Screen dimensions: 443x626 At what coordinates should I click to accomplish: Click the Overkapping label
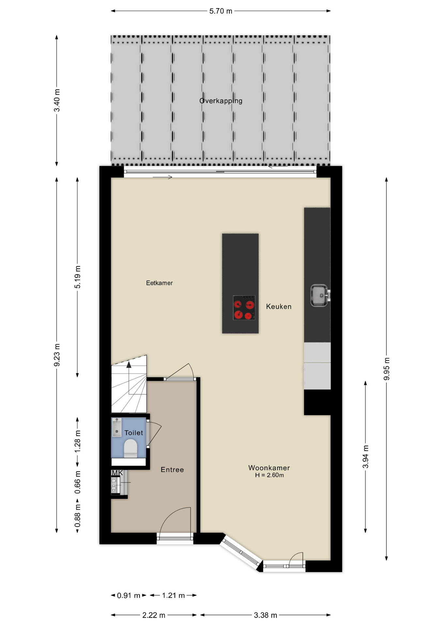221,101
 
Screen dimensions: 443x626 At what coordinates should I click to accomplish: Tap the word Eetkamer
159,283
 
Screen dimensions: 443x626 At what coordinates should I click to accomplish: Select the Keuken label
279,306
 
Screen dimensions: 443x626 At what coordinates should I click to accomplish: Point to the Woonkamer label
269,468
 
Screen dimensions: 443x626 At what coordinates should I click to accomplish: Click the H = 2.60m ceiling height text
269,475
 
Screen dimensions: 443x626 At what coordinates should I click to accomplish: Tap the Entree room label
172,470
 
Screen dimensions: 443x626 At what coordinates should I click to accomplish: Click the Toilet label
134,433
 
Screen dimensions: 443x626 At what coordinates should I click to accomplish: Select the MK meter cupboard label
117,473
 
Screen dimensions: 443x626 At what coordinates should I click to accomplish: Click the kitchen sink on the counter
319,295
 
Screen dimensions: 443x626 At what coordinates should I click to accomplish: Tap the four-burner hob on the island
244,308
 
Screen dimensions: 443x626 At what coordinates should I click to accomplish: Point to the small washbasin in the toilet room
117,427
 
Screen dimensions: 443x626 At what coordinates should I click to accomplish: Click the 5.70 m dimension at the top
221,11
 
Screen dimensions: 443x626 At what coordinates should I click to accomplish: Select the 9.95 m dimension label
387,369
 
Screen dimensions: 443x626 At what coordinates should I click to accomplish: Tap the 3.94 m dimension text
366,456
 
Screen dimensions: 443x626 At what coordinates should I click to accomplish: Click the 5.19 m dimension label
78,277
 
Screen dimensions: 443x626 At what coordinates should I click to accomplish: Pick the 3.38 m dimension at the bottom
266,615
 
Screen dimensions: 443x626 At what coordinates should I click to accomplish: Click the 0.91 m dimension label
129,596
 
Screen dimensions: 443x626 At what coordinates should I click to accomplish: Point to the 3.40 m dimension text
57,100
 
